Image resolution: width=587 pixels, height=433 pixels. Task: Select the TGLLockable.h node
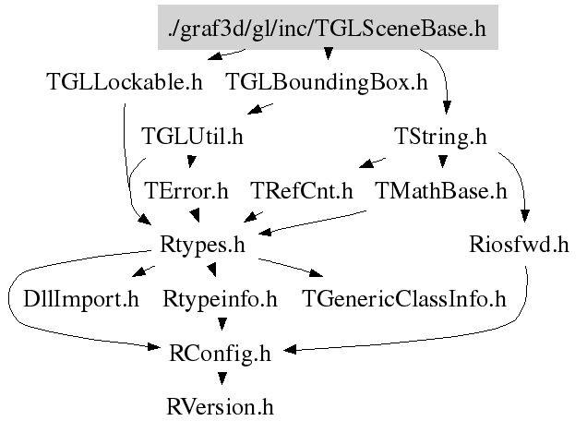pos(124,81)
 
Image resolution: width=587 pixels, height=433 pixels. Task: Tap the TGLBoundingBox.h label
pos(327,81)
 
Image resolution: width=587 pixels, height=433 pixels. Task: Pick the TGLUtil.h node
pos(192,137)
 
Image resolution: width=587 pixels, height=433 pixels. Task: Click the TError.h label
pos(186,191)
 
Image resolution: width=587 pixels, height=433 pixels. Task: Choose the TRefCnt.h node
pos(303,191)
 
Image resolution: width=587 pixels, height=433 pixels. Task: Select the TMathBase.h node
pos(442,191)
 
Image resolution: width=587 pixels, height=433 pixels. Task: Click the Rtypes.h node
pos(201,246)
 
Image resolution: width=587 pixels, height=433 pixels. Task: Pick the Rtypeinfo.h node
pos(220,299)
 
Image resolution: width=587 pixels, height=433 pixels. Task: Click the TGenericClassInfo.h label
pos(405,299)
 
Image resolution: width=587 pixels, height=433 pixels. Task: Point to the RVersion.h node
pos(221,405)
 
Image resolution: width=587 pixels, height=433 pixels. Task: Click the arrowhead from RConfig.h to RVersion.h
pos(221,378)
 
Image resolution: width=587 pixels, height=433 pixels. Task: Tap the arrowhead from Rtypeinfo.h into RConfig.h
pos(221,324)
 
